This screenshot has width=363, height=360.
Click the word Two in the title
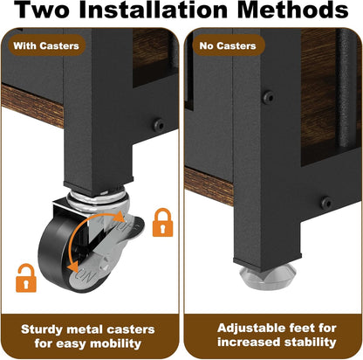(x=42, y=10)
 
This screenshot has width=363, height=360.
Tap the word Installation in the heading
(x=154, y=10)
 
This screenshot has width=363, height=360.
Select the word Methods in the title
(x=293, y=10)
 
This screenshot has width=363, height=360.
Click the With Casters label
(x=46, y=45)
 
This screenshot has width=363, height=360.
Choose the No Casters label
(x=228, y=45)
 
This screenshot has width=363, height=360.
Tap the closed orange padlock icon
(x=163, y=222)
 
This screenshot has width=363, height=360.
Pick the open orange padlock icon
(x=26, y=278)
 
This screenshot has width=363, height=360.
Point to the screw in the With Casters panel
(x=159, y=125)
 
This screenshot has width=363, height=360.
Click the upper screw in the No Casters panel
(x=268, y=97)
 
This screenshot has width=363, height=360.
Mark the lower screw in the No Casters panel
(x=325, y=202)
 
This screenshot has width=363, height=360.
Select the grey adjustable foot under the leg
(x=268, y=277)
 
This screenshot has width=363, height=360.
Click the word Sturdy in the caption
(x=42, y=330)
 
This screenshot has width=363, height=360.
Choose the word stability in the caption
(x=310, y=342)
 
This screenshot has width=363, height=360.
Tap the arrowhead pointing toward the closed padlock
(x=119, y=217)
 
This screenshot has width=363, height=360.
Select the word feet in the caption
(x=299, y=329)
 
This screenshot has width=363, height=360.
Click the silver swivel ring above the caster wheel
(x=98, y=199)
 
